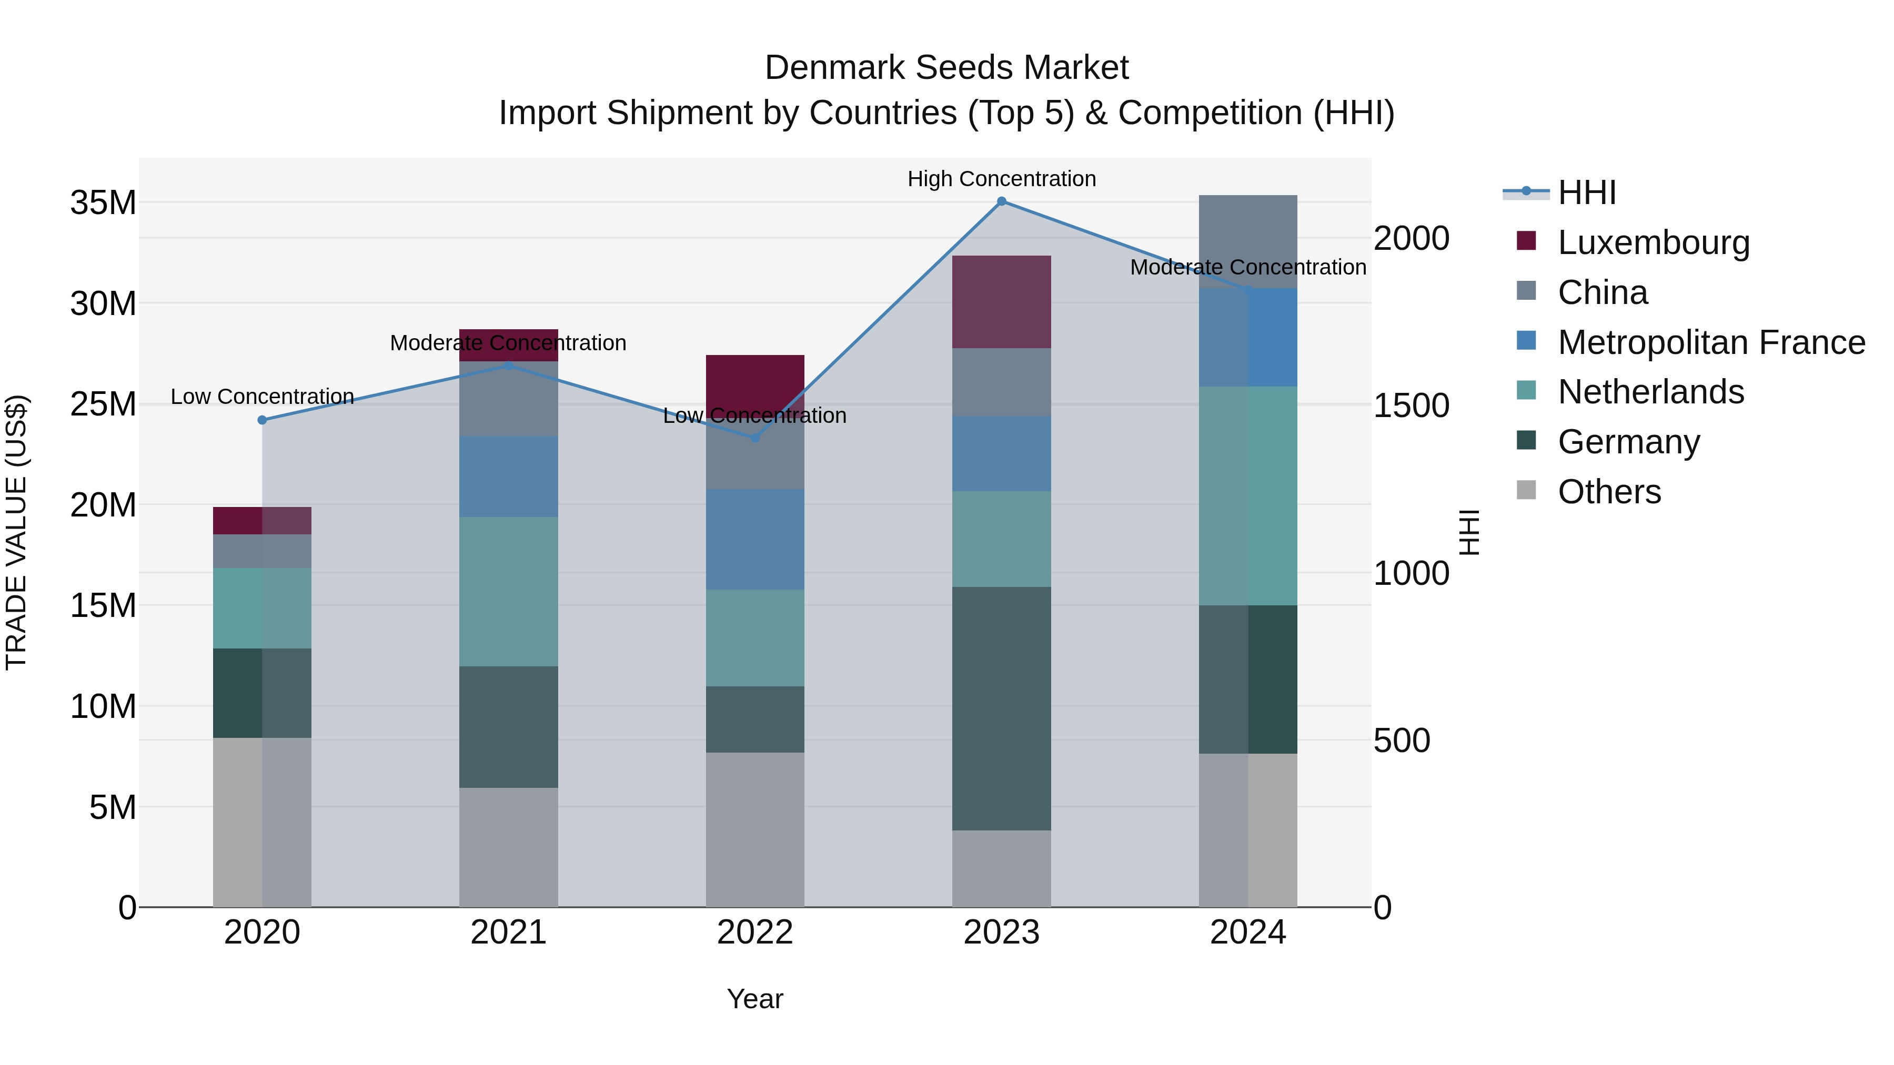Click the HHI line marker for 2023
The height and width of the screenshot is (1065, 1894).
[x=1001, y=201]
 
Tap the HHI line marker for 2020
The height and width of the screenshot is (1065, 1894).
[x=263, y=420]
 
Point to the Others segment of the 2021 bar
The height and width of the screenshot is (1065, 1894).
[x=509, y=847]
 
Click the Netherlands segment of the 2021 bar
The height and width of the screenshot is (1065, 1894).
[x=509, y=592]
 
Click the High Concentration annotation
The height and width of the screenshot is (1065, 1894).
[x=1001, y=179]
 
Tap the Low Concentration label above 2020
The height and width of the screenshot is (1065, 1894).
[x=263, y=397]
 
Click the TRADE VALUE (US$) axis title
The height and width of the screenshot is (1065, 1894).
[x=16, y=532]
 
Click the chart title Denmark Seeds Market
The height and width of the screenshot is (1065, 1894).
[x=946, y=68]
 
